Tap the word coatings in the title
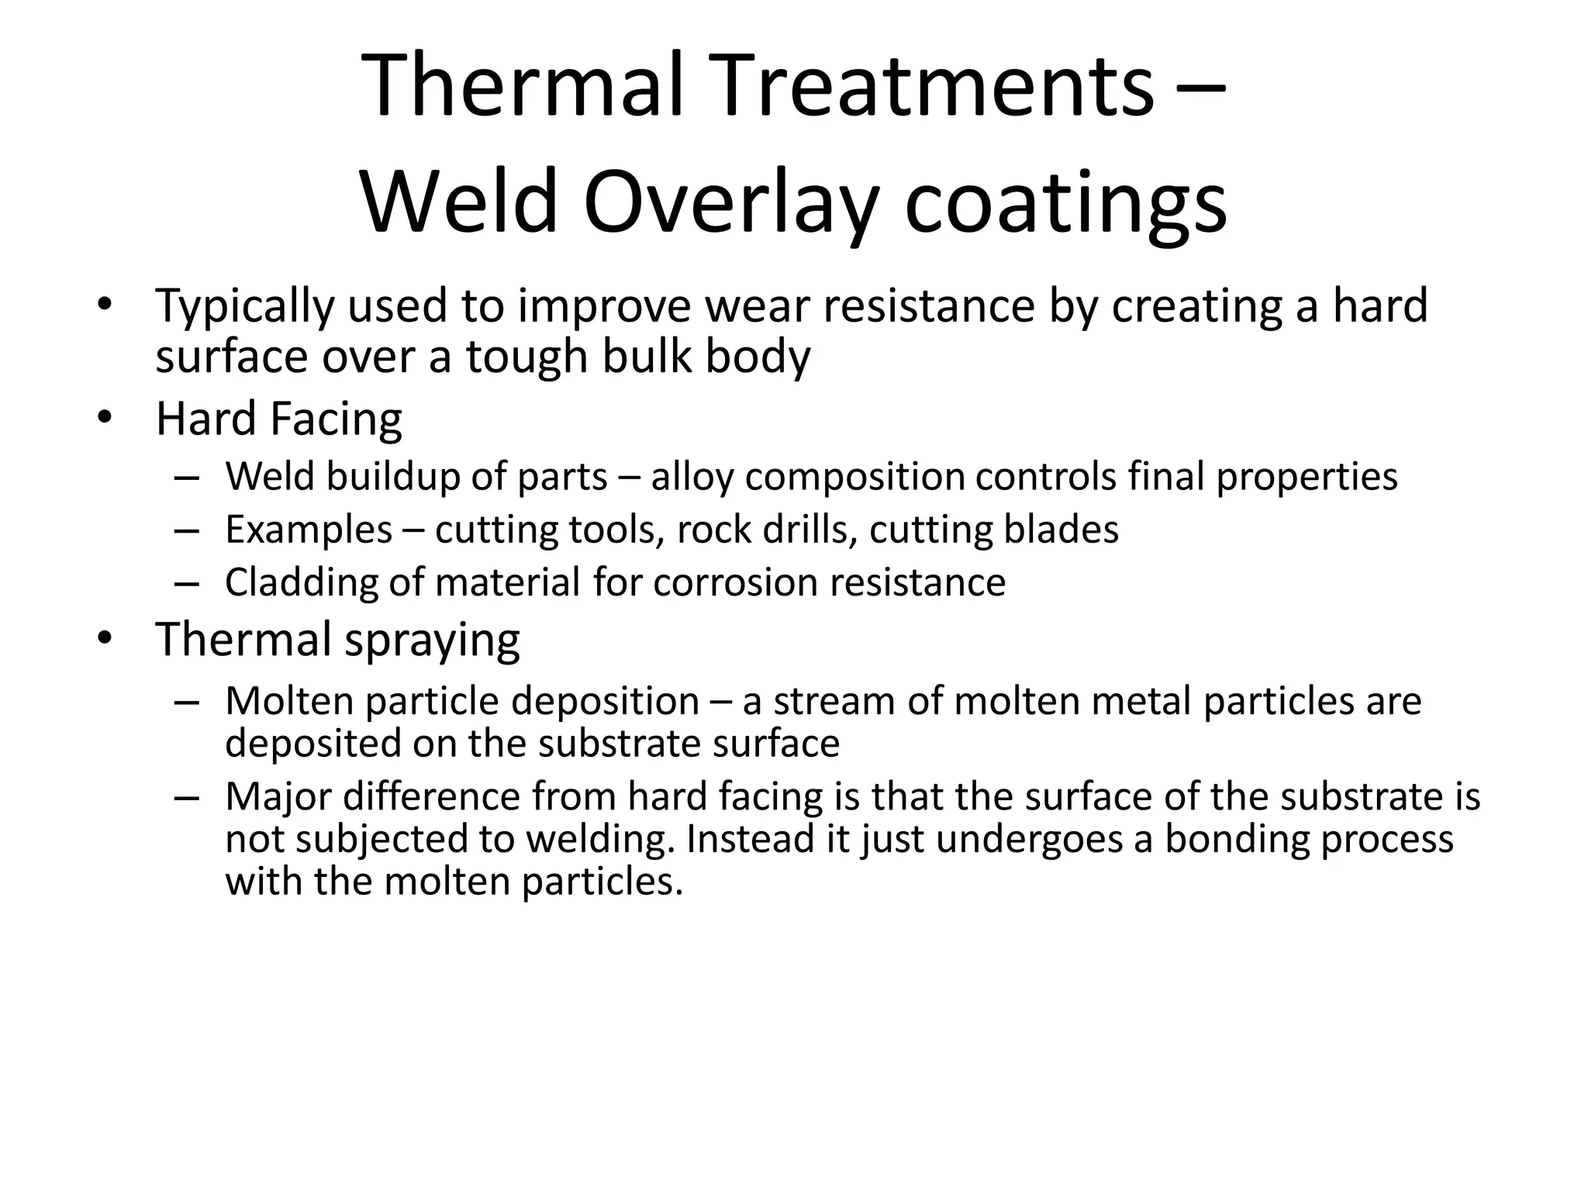1065,203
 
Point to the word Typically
245,306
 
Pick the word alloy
692,477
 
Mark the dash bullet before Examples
187,531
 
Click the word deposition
605,702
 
